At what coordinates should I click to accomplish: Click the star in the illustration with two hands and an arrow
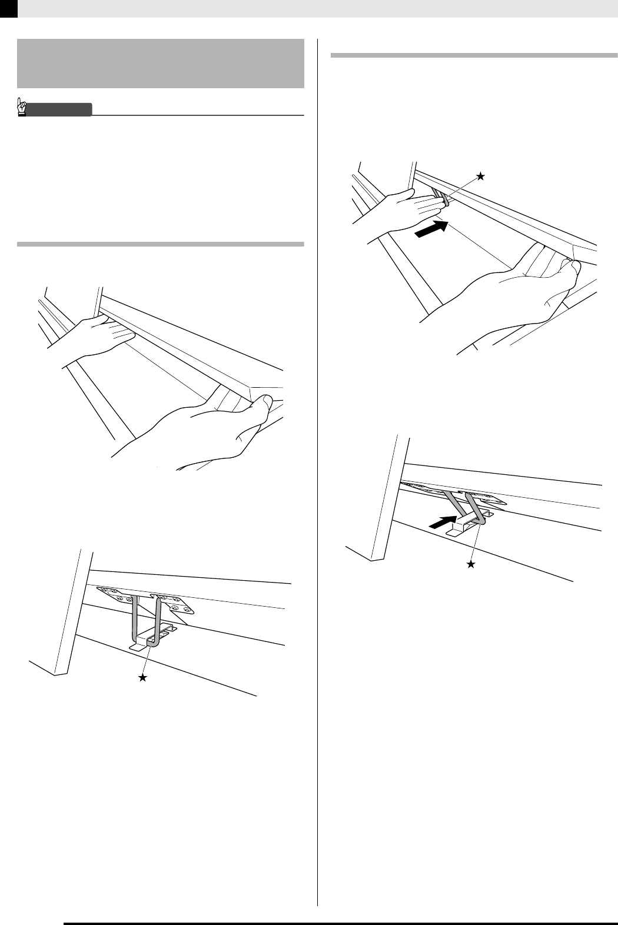(481, 175)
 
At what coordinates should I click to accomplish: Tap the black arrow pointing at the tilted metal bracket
(442, 522)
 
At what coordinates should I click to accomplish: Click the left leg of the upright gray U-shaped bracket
(135, 618)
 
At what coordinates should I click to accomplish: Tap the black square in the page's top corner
(8, 8)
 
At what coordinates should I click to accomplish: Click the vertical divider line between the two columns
(318, 471)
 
